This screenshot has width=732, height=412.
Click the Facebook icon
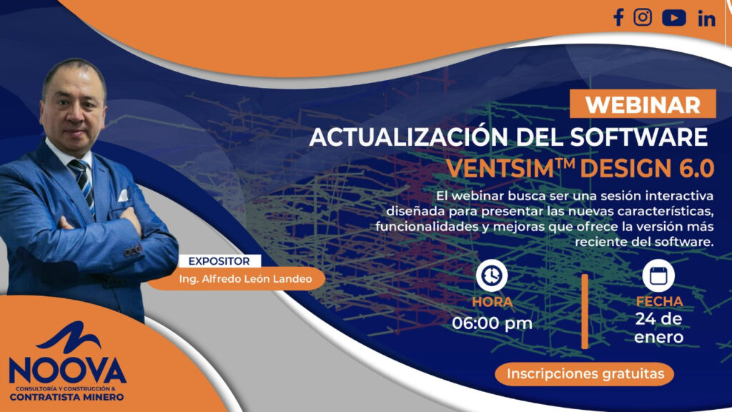tap(619, 18)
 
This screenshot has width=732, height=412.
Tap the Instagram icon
tap(643, 17)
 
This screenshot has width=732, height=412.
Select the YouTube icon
tap(673, 18)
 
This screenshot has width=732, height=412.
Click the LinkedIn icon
tap(706, 19)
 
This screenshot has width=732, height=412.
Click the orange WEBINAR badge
tap(643, 104)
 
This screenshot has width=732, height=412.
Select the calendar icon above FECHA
tap(658, 275)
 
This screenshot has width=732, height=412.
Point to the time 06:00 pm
tap(492, 323)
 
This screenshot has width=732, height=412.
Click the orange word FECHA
tap(659, 301)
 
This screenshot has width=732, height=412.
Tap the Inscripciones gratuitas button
tap(585, 373)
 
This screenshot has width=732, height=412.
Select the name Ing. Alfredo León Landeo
tap(245, 279)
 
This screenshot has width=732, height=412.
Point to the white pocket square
tap(123, 195)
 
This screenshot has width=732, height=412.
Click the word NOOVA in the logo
tap(67, 370)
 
